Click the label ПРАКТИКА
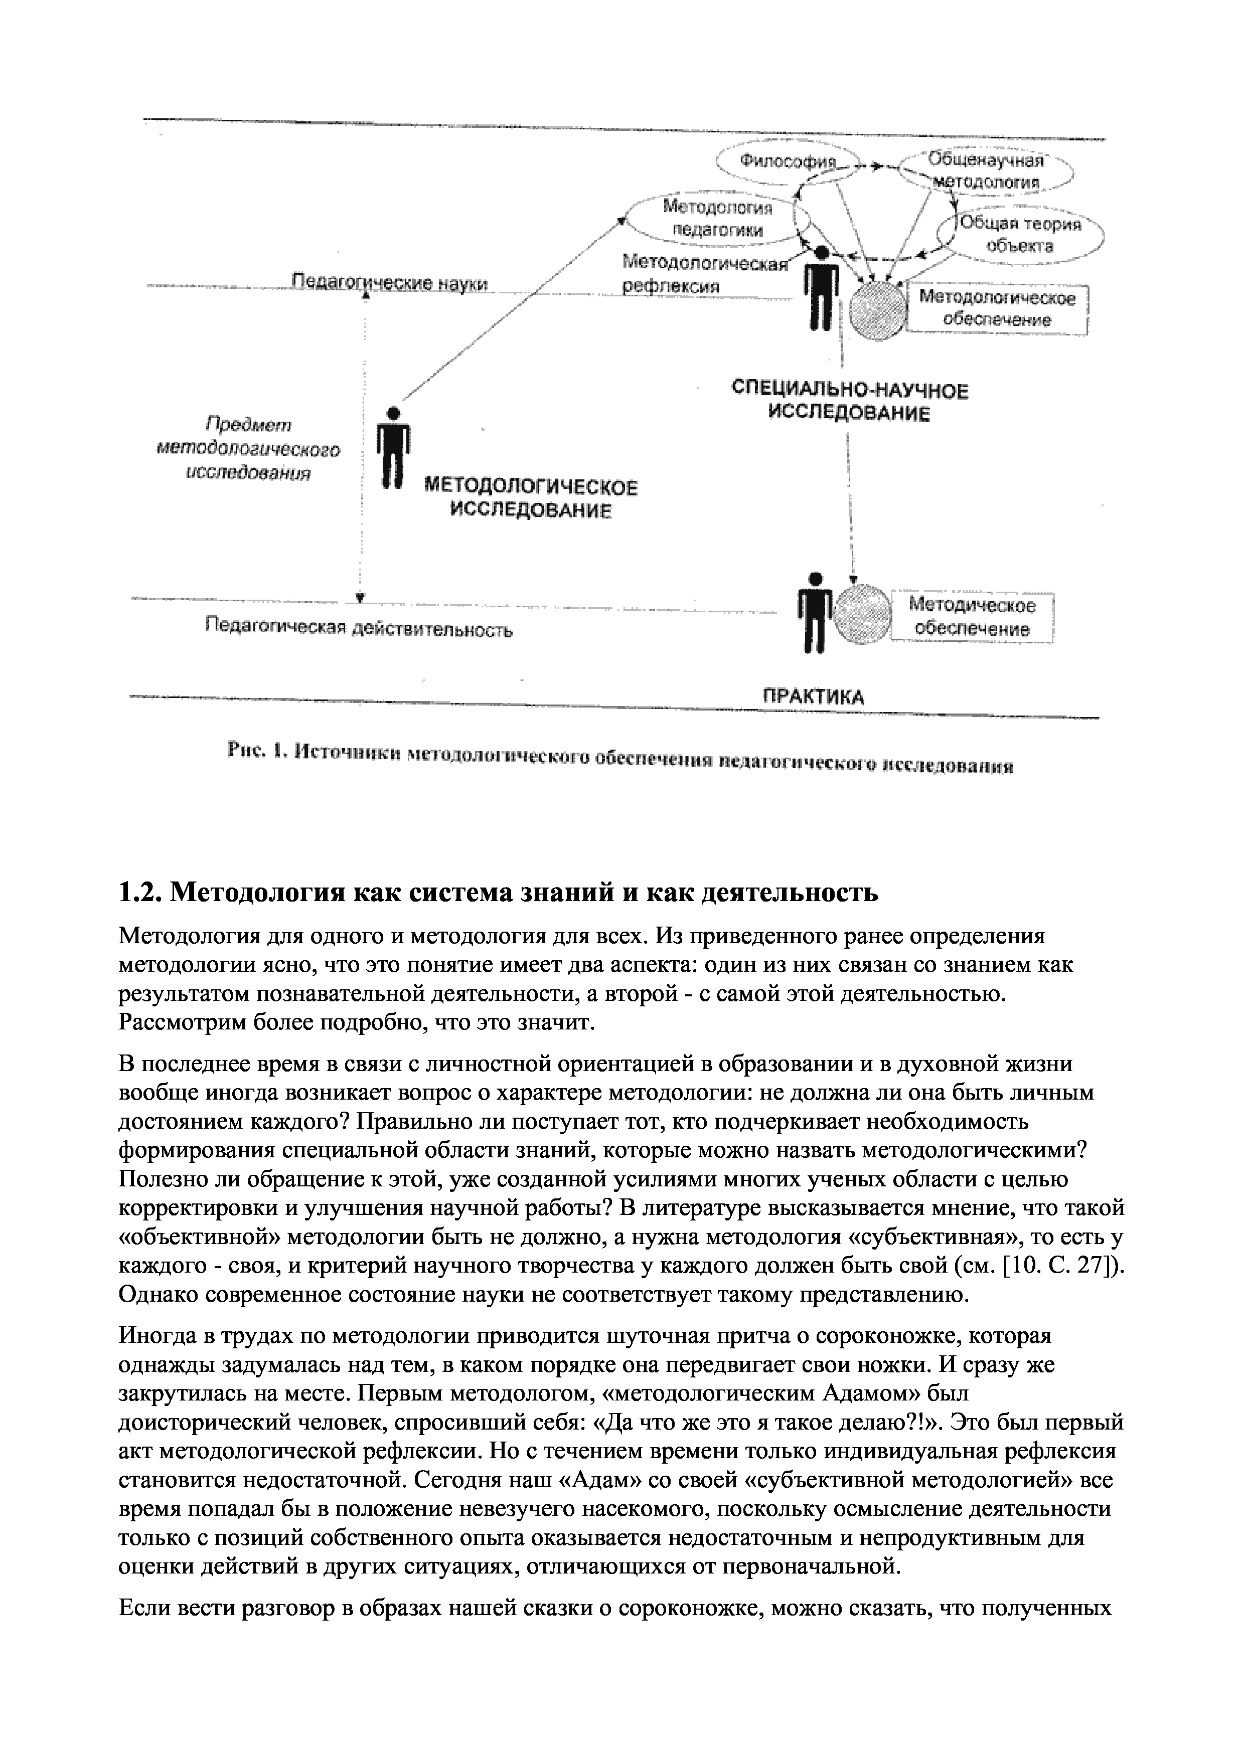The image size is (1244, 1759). (813, 696)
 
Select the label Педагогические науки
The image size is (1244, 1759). (391, 283)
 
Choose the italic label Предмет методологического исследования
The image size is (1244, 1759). (249, 449)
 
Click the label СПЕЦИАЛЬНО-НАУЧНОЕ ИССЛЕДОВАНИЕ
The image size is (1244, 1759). (849, 402)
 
